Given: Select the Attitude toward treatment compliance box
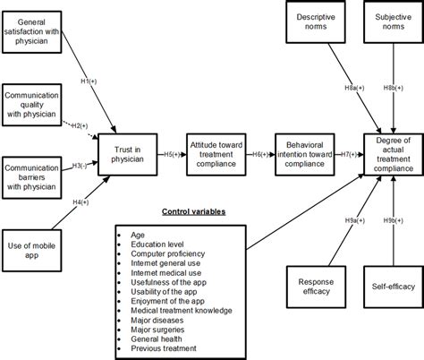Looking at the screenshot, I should click(216, 153).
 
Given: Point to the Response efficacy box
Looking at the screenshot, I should click(314, 287).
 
